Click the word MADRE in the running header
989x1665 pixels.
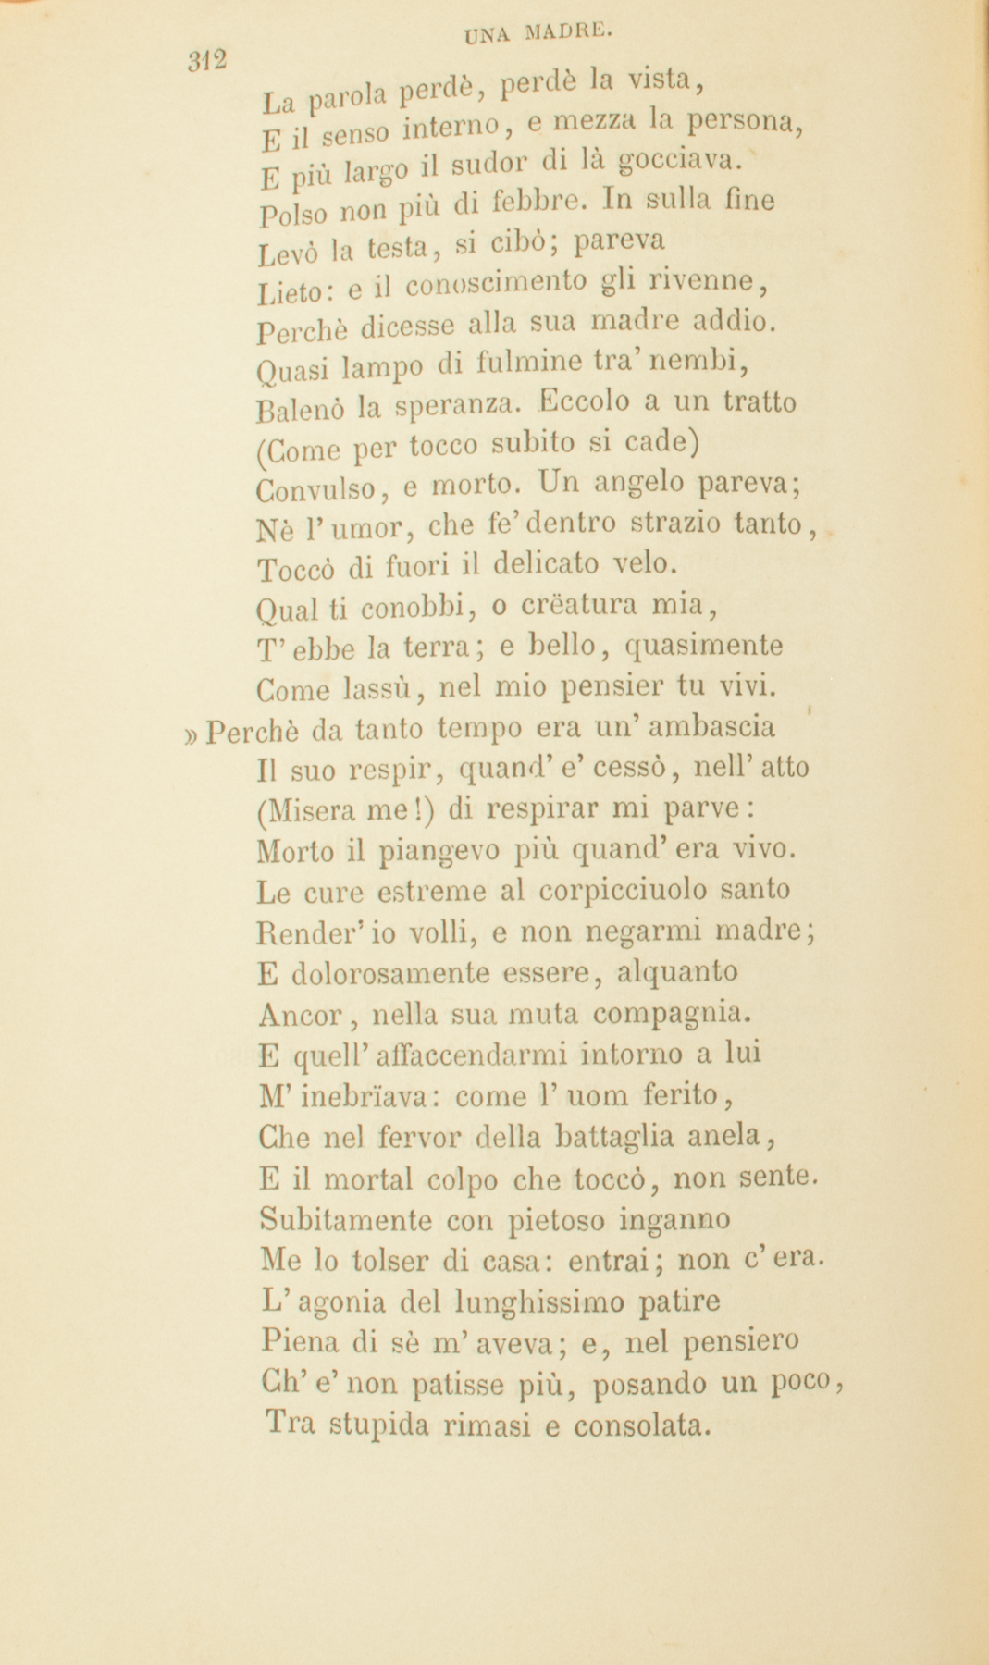[568, 34]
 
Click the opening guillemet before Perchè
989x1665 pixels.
[192, 732]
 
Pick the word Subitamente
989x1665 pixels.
[345, 1219]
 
